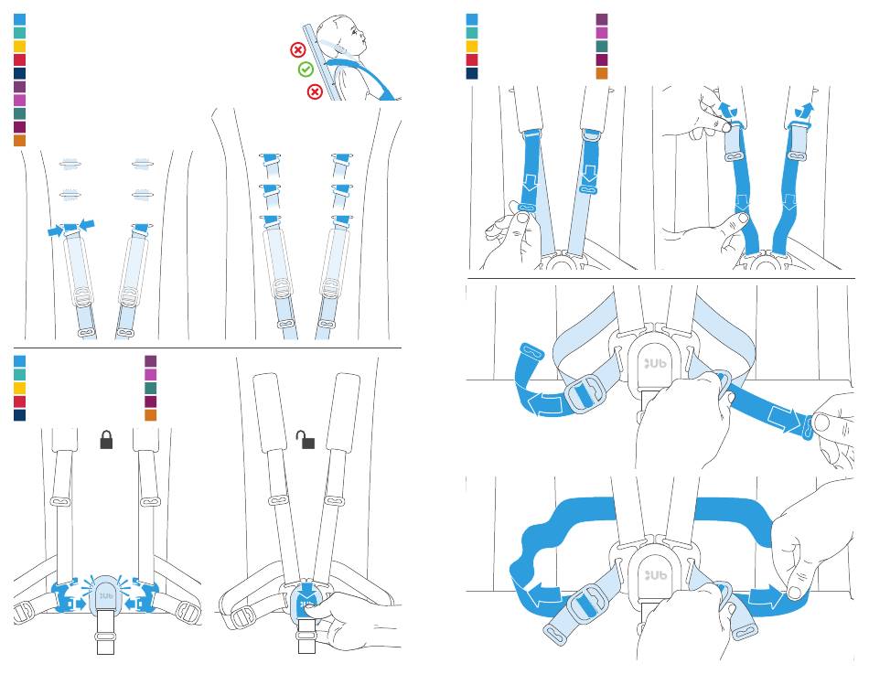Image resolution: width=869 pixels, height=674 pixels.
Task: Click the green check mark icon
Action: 306,70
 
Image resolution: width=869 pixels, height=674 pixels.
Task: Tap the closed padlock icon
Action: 106,440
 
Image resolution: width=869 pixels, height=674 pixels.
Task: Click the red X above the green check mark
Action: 297,49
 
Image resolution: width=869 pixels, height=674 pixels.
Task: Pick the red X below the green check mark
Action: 315,91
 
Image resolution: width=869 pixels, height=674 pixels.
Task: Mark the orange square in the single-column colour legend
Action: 19,141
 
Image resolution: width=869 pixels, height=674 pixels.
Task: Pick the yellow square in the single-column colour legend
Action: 19,46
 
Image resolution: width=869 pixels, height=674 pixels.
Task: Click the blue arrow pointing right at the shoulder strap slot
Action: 56,232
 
